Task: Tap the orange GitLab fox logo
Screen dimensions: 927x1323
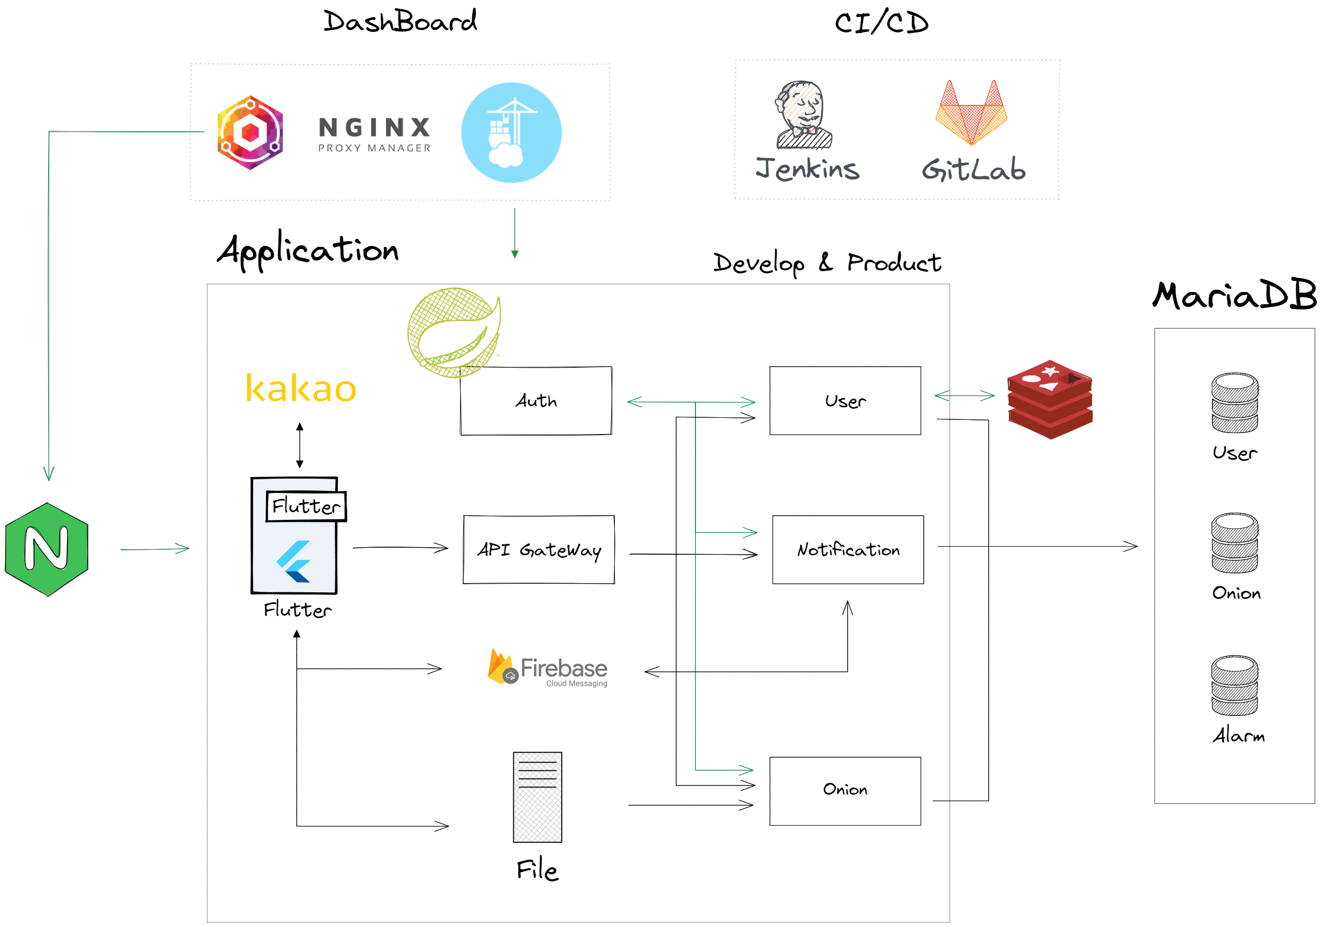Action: pyautogui.click(x=971, y=113)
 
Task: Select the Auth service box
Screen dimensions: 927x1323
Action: pyautogui.click(x=535, y=401)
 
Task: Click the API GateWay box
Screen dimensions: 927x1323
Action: pyautogui.click(x=539, y=550)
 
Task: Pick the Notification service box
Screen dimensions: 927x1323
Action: pyautogui.click(x=848, y=550)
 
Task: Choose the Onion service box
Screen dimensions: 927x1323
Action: pyautogui.click(x=845, y=791)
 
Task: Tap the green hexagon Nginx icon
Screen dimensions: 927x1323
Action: pyautogui.click(x=47, y=549)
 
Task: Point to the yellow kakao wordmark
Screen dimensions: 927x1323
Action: pyautogui.click(x=300, y=388)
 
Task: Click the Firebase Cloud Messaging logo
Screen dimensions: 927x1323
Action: pyautogui.click(x=547, y=668)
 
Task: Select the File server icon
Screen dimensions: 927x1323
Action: pyautogui.click(x=537, y=797)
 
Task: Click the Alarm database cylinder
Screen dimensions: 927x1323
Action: pyautogui.click(x=1234, y=686)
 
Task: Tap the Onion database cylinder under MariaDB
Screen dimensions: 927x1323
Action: pyautogui.click(x=1234, y=543)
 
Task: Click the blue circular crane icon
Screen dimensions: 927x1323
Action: pyautogui.click(x=511, y=132)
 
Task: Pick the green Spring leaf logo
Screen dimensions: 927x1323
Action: pyautogui.click(x=454, y=333)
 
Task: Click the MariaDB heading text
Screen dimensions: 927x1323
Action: pyautogui.click(x=1234, y=296)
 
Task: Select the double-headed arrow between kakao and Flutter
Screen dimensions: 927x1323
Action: pyautogui.click(x=300, y=445)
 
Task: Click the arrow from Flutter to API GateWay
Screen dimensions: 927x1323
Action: pyautogui.click(x=400, y=547)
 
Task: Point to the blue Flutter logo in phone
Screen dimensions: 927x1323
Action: pyautogui.click(x=295, y=562)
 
